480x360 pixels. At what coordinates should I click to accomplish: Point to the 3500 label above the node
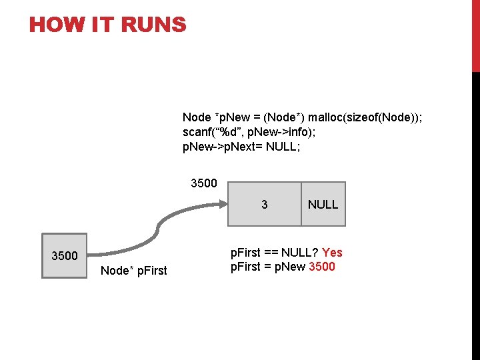[204, 183]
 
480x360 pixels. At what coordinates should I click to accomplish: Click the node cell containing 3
[265, 205]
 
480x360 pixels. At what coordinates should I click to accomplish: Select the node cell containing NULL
[323, 205]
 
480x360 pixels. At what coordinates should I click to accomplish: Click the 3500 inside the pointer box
[65, 256]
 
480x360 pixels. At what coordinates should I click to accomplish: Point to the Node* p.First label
[133, 270]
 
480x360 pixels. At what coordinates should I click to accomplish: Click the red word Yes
[332, 253]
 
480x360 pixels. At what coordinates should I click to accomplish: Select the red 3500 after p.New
[323, 267]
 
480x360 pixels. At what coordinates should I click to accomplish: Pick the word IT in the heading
[98, 25]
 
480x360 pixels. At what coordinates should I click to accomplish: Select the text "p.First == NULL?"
[274, 253]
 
